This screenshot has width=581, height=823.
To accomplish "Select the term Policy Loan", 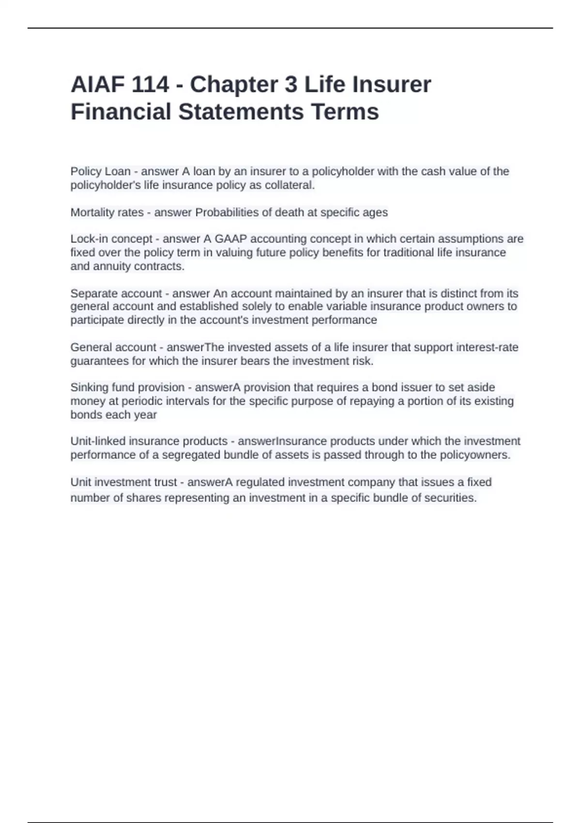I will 100,171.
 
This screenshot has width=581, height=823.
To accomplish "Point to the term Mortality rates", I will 107,213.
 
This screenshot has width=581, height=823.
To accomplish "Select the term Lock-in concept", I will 111,239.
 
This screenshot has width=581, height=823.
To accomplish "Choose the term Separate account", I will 116,293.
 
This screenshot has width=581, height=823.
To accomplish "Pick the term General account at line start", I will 113,348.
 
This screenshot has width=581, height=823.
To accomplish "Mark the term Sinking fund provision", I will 127,388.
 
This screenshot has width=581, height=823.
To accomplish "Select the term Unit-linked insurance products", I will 149,442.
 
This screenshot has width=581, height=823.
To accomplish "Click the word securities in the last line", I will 450,498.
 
